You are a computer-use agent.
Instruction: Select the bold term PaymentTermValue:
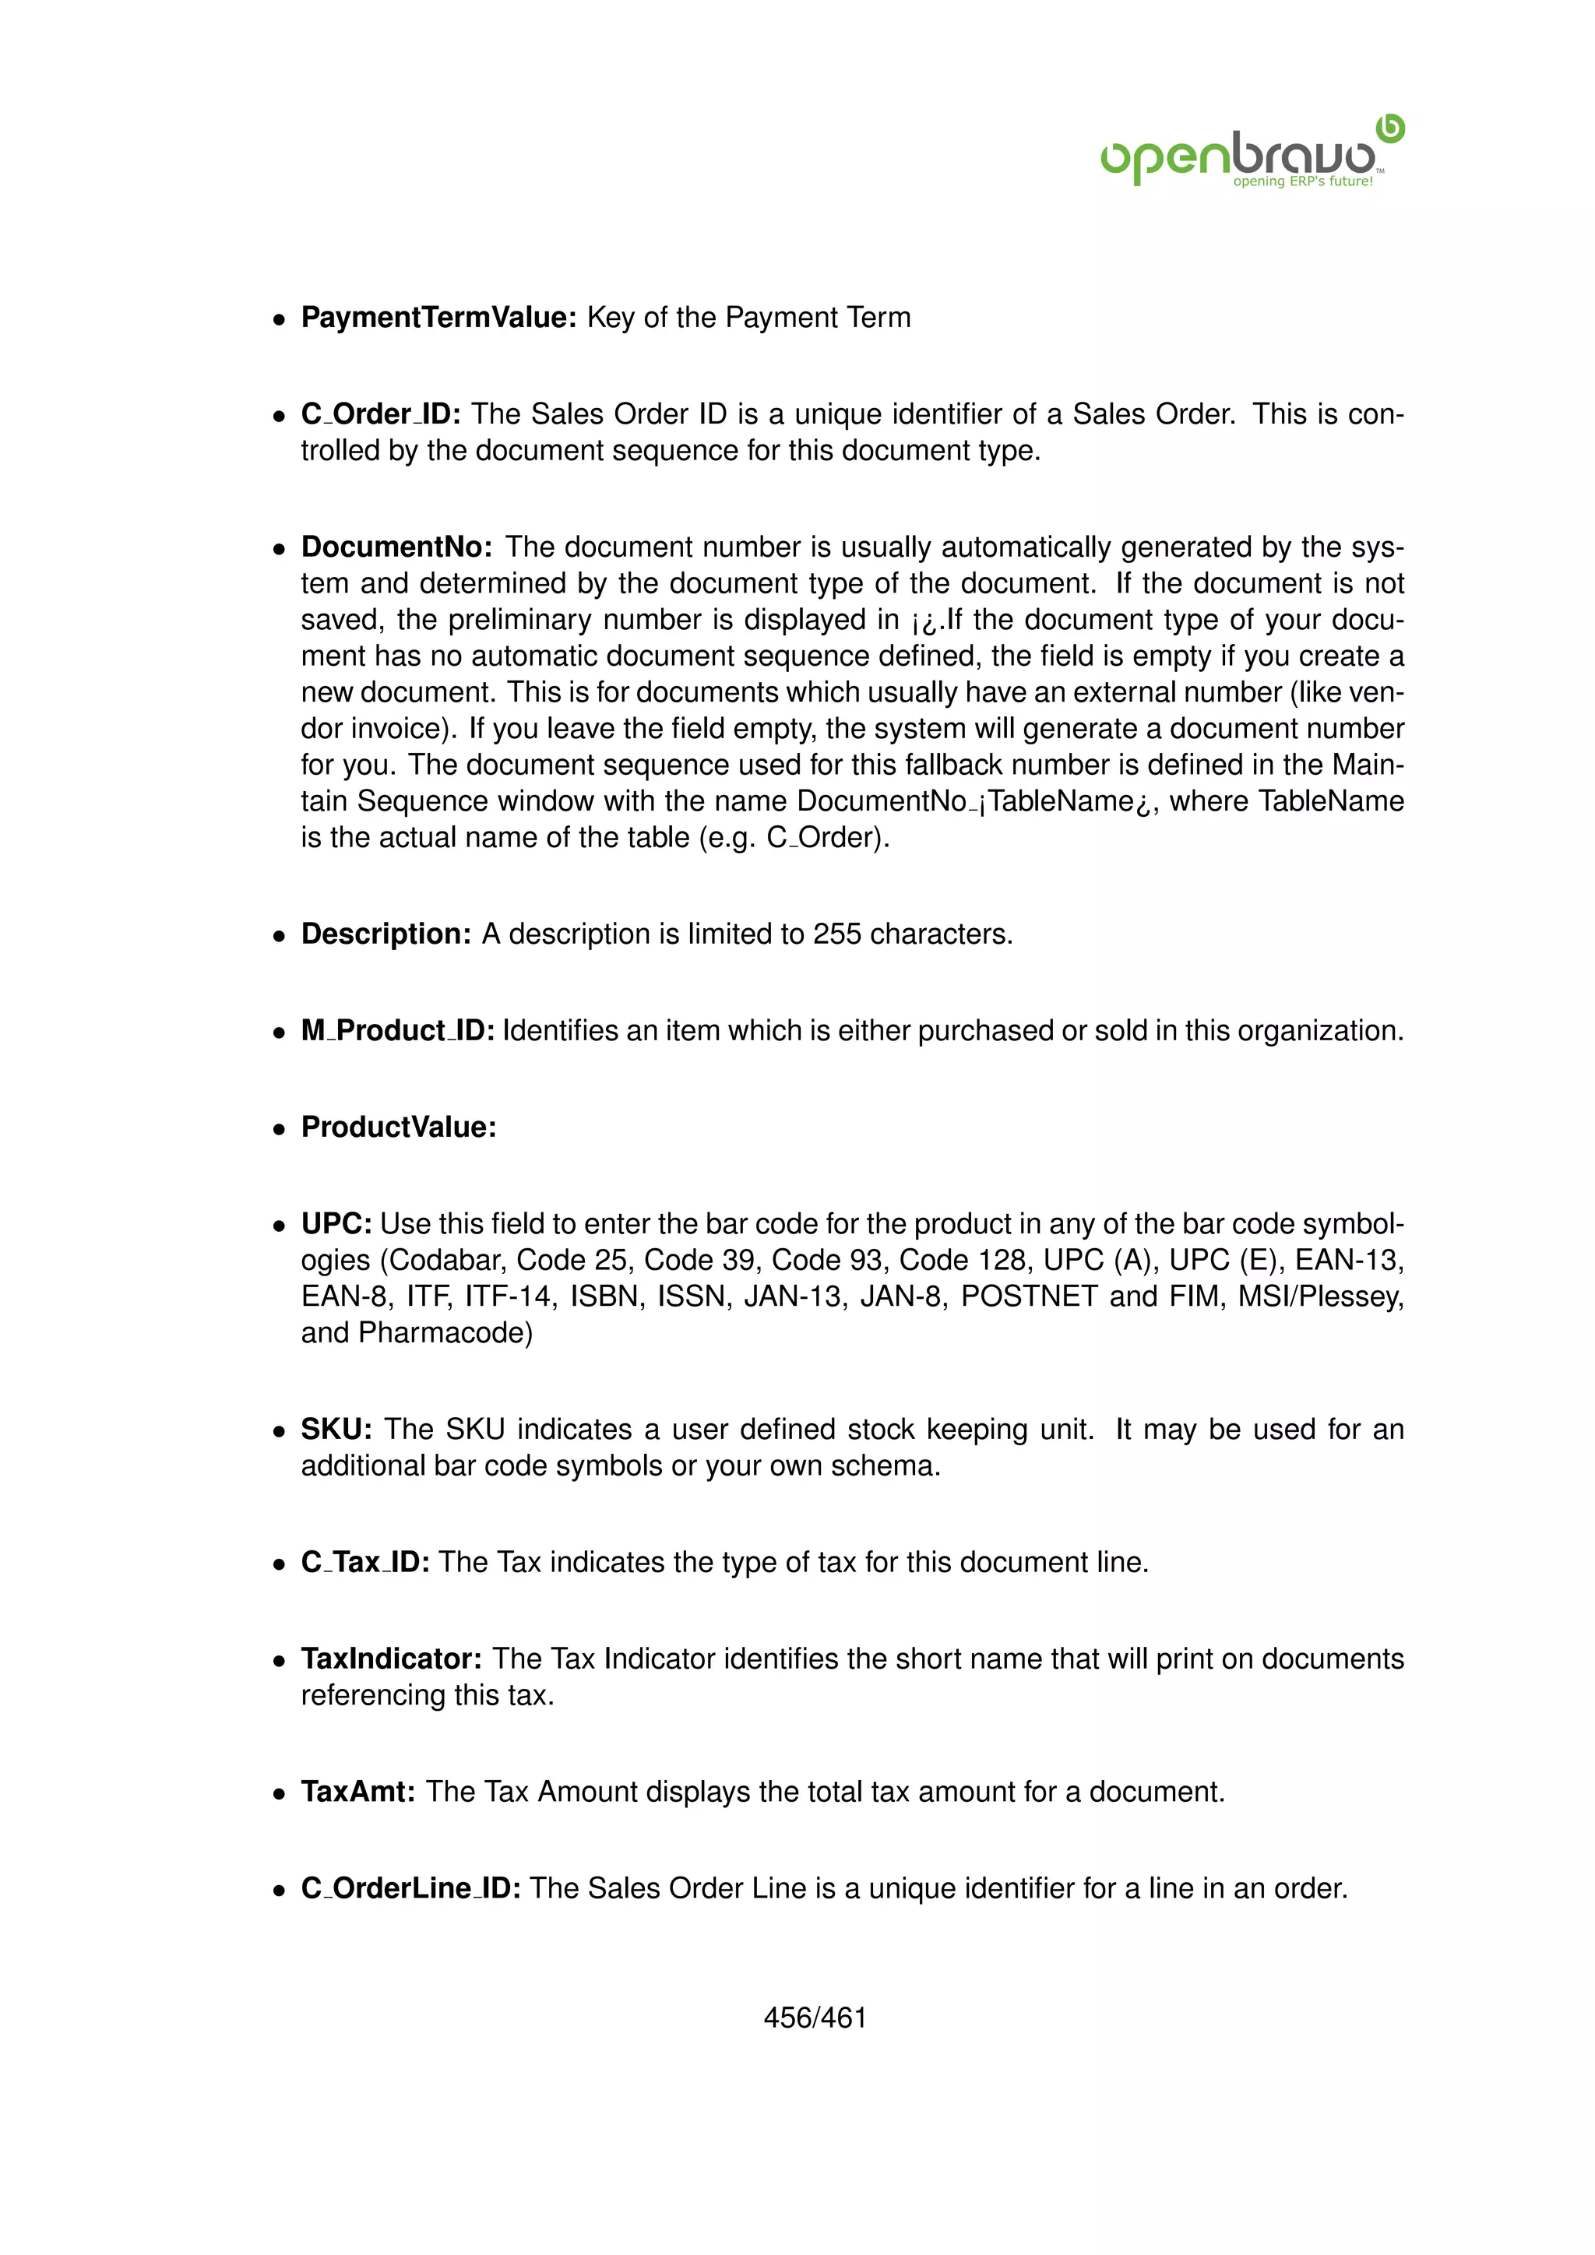(x=438, y=317)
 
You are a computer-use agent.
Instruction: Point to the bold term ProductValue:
(x=399, y=1127)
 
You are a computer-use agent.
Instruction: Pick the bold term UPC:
(x=336, y=1224)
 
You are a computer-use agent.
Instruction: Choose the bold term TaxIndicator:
(x=391, y=1658)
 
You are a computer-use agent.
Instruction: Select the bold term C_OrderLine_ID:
(x=410, y=1887)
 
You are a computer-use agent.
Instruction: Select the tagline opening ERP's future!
(x=1302, y=181)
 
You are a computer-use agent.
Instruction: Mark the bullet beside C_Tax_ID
(x=280, y=1564)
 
